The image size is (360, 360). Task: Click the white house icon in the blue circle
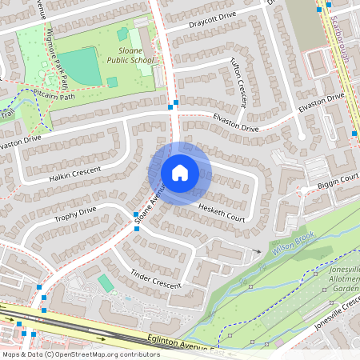(180, 173)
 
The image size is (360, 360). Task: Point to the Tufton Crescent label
(238, 81)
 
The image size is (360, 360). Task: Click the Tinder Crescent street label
(157, 276)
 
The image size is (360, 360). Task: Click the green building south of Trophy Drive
(106, 283)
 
